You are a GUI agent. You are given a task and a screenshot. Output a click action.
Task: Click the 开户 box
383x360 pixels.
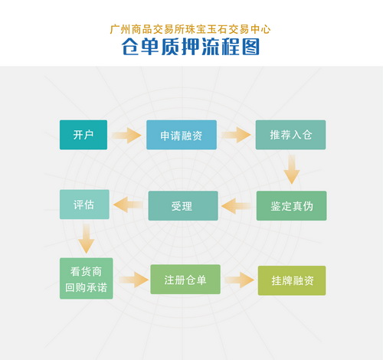click(x=83, y=135)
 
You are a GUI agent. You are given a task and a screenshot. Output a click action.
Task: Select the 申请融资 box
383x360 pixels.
click(x=182, y=135)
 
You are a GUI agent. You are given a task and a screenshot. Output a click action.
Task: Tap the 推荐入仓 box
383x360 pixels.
click(x=290, y=135)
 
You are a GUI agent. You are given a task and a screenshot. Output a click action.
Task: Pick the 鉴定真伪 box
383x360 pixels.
click(x=291, y=206)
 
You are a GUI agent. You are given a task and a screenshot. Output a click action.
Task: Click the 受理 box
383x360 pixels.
click(x=183, y=206)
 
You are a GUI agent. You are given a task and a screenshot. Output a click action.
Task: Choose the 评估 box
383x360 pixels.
click(x=84, y=205)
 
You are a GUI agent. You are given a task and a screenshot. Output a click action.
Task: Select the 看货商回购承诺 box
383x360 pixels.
click(x=87, y=279)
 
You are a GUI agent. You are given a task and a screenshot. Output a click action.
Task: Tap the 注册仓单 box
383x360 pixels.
click(x=185, y=280)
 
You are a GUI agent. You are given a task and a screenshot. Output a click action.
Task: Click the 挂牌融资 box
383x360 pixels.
click(x=292, y=280)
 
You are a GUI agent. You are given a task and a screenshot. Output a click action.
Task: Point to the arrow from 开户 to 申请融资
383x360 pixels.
click(x=126, y=136)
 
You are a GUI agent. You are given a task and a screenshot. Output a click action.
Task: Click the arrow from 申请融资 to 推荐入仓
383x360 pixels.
click(x=236, y=135)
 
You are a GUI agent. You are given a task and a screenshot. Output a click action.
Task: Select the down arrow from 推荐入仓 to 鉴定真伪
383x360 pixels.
click(x=292, y=169)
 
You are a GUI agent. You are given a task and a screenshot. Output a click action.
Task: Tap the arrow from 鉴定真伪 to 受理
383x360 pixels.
click(x=237, y=206)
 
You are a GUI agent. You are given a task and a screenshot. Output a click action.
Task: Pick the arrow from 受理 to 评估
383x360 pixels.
click(x=128, y=205)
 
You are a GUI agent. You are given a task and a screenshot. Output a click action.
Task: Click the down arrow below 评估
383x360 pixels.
click(x=87, y=239)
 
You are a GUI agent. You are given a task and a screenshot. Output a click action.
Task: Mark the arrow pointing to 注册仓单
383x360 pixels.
click(x=133, y=280)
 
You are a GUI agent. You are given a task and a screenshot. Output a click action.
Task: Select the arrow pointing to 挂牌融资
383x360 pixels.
click(x=240, y=280)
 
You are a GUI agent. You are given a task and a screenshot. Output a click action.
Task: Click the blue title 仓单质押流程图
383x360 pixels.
click(x=191, y=47)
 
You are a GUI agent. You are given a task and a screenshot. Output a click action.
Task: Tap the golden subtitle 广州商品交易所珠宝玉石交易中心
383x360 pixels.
click(x=190, y=29)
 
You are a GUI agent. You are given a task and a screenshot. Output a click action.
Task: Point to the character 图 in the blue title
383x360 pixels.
click(x=250, y=47)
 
